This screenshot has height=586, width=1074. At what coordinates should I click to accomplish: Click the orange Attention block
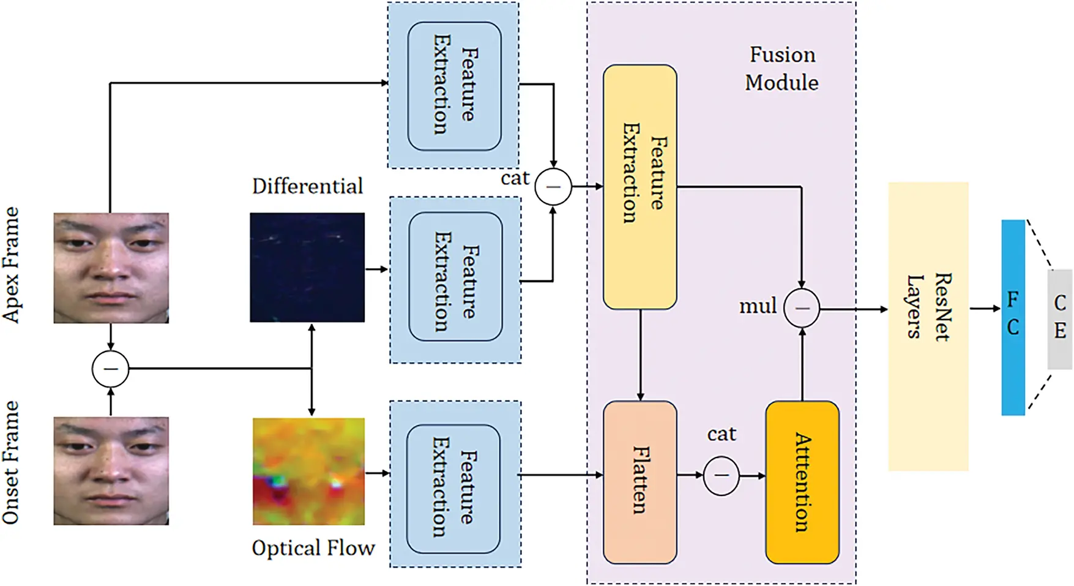(802, 482)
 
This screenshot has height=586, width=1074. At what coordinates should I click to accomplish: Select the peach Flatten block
(640, 482)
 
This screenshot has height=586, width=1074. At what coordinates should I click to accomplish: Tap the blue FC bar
(1013, 317)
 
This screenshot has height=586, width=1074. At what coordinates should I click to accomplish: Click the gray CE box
(1060, 319)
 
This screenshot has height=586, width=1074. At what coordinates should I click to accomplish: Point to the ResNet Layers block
(928, 326)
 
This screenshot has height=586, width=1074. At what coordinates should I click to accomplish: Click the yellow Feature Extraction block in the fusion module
(640, 187)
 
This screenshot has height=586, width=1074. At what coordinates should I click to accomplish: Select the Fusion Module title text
(781, 69)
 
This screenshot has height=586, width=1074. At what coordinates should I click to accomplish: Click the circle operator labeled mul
(802, 308)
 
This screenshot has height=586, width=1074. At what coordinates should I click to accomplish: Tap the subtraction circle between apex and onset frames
(110, 369)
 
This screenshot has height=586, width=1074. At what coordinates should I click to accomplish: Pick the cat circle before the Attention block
(722, 475)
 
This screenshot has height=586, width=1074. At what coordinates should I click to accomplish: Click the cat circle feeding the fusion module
(553, 186)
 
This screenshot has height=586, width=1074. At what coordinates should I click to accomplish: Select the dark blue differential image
(307, 267)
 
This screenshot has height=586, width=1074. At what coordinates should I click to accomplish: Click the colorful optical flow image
(308, 471)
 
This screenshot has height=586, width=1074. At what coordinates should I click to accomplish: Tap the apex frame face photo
(111, 268)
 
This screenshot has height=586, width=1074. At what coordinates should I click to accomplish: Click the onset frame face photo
(111, 470)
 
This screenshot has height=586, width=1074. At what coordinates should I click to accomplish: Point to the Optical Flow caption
(313, 548)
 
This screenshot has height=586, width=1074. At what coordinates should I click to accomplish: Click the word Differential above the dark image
(307, 186)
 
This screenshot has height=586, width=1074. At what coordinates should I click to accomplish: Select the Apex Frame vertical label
(11, 265)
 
